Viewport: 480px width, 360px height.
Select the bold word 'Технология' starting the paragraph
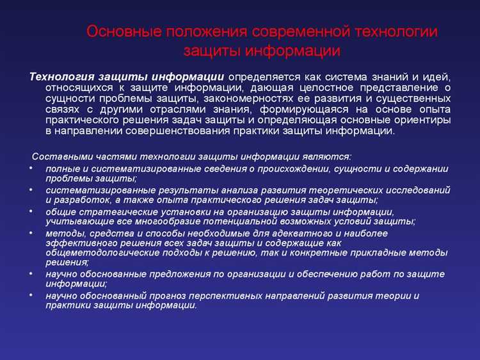(60, 77)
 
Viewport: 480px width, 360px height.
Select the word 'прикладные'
(375, 252)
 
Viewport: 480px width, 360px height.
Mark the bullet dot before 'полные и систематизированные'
(32, 168)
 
